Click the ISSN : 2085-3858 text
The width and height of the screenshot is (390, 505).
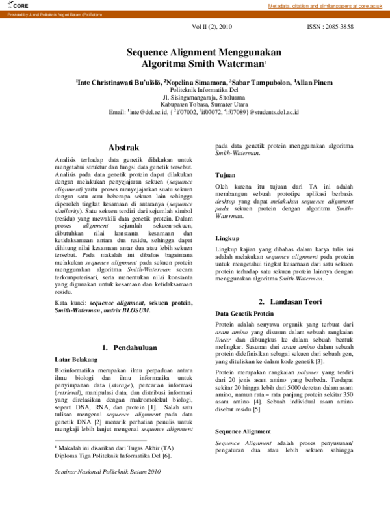pos(330,29)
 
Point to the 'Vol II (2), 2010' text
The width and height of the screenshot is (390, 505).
pos(211,29)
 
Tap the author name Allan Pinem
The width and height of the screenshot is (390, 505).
pos(314,83)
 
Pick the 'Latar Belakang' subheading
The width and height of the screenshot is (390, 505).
pos(75,359)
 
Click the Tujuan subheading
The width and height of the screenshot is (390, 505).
pos(227,176)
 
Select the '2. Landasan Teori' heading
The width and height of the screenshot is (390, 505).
pos(289,301)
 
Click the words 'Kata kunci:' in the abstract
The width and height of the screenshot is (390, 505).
pos(71,303)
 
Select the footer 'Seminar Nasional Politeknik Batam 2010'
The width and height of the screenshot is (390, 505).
pos(107,490)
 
